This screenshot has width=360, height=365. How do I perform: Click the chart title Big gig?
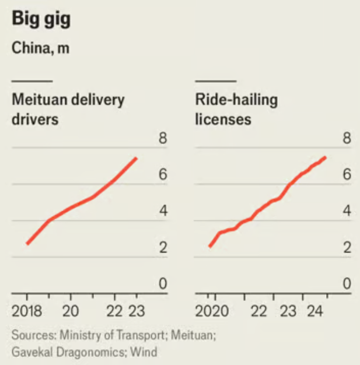click(x=41, y=20)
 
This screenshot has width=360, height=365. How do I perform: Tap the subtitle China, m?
click(x=40, y=48)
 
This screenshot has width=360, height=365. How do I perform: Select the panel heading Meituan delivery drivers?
click(x=68, y=109)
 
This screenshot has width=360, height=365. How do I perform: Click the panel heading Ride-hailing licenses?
click(x=236, y=109)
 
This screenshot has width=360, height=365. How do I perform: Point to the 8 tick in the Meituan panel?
click(x=163, y=139)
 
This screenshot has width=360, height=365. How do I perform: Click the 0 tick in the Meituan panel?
click(x=163, y=285)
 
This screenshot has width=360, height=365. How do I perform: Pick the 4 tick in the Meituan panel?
click(x=163, y=211)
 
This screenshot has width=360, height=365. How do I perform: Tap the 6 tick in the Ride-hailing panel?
click(x=347, y=174)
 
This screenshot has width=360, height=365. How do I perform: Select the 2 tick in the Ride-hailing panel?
click(x=347, y=248)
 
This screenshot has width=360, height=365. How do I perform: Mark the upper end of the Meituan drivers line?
click(x=137, y=158)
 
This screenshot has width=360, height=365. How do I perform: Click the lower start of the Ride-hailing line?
click(x=209, y=247)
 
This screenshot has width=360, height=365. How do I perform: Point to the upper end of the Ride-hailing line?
click(x=325, y=157)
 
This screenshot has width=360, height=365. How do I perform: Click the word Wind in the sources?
click(x=144, y=352)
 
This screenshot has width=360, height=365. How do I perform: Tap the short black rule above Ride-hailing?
click(x=215, y=80)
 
